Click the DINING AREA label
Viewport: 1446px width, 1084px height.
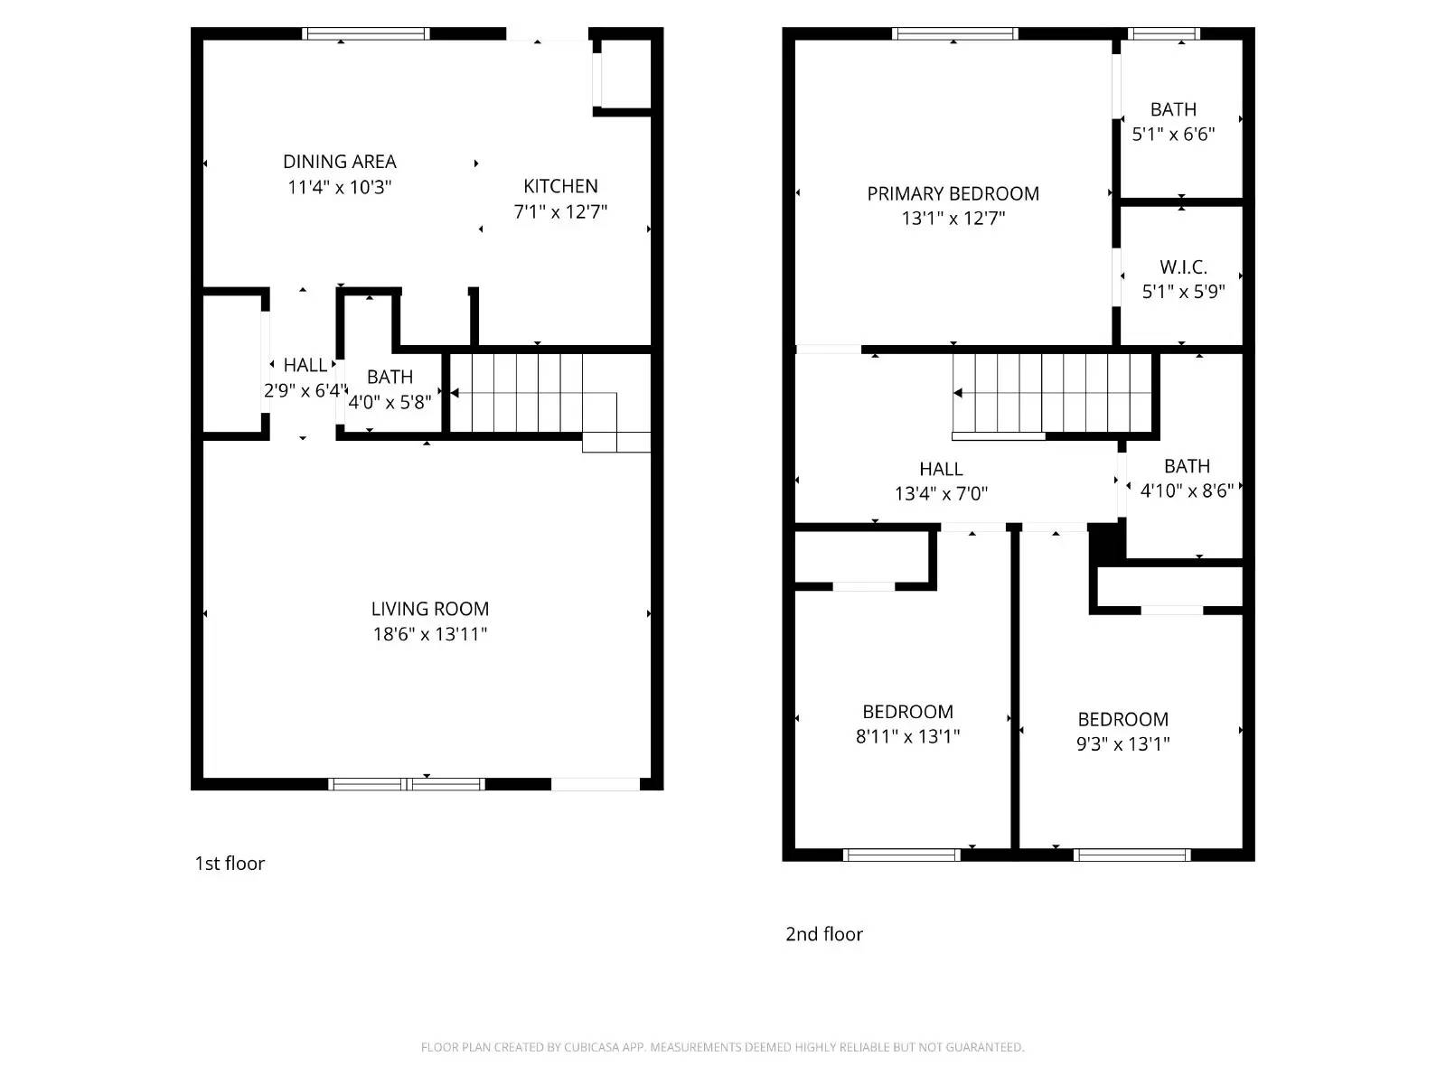tap(339, 162)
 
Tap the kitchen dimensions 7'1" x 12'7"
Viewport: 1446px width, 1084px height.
tap(560, 211)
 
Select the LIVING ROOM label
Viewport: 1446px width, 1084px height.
tap(429, 609)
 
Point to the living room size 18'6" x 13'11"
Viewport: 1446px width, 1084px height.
tap(429, 634)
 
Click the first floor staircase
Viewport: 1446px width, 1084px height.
tap(533, 394)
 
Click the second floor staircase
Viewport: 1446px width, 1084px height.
tap(1053, 394)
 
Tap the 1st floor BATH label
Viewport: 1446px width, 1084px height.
tap(390, 377)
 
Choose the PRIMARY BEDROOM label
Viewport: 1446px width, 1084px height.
tap(953, 193)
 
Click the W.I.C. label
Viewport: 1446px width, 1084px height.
tap(1183, 267)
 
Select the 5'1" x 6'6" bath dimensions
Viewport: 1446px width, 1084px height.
tap(1173, 135)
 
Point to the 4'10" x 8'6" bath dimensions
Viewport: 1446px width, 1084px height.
tap(1186, 491)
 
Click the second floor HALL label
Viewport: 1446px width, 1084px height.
tap(941, 469)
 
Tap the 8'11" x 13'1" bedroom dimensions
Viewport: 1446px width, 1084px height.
tap(907, 736)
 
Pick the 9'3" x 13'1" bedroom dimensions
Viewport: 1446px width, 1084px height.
tap(1122, 744)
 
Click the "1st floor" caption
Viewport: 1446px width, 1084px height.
tap(230, 864)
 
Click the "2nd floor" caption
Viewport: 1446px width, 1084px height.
tap(823, 934)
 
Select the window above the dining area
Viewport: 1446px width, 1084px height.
tap(365, 33)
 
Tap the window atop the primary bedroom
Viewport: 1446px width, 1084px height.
tap(954, 33)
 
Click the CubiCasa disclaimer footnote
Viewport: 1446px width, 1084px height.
tap(722, 1048)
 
